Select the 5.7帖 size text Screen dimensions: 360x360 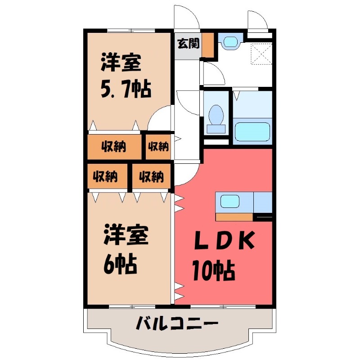pyautogui.click(x=125, y=89)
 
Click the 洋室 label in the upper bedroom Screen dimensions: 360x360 pyautogui.click(x=121, y=63)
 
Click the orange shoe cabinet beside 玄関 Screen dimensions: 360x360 pyautogui.click(x=207, y=44)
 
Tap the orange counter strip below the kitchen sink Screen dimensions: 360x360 pyautogui.click(x=234, y=217)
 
